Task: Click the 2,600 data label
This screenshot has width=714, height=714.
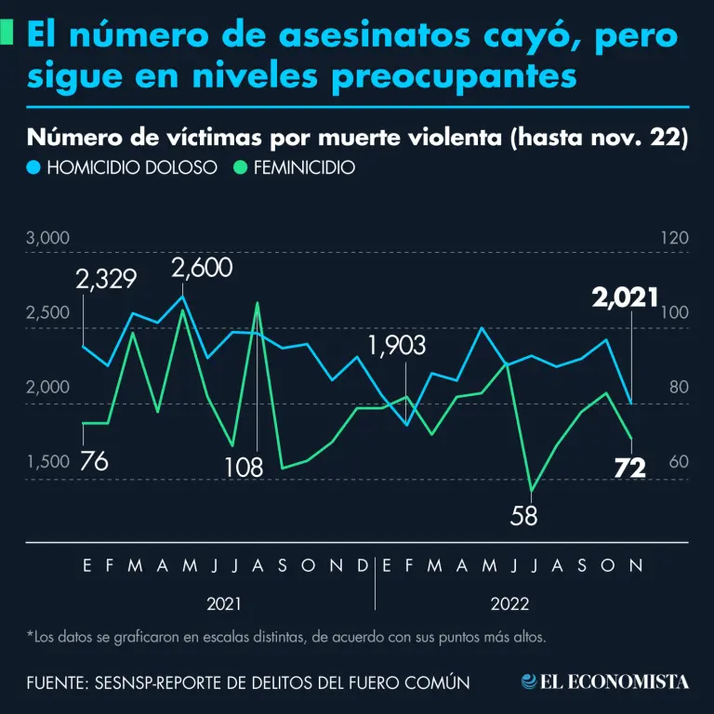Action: [202, 270]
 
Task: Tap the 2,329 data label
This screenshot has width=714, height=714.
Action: [107, 279]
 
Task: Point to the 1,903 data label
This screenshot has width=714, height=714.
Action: [397, 346]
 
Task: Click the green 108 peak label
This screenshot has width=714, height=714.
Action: [244, 467]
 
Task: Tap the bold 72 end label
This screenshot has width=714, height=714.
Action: [630, 469]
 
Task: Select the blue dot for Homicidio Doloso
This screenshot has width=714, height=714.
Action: [33, 168]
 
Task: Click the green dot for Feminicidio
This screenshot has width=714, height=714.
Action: [240, 168]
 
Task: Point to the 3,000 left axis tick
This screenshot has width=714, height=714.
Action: [48, 238]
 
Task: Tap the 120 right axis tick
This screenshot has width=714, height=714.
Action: [674, 238]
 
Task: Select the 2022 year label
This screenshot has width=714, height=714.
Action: [509, 603]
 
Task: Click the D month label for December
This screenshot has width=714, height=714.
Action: [363, 564]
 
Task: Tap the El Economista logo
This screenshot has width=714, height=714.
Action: [605, 681]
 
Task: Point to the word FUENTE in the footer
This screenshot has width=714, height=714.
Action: [56, 682]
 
